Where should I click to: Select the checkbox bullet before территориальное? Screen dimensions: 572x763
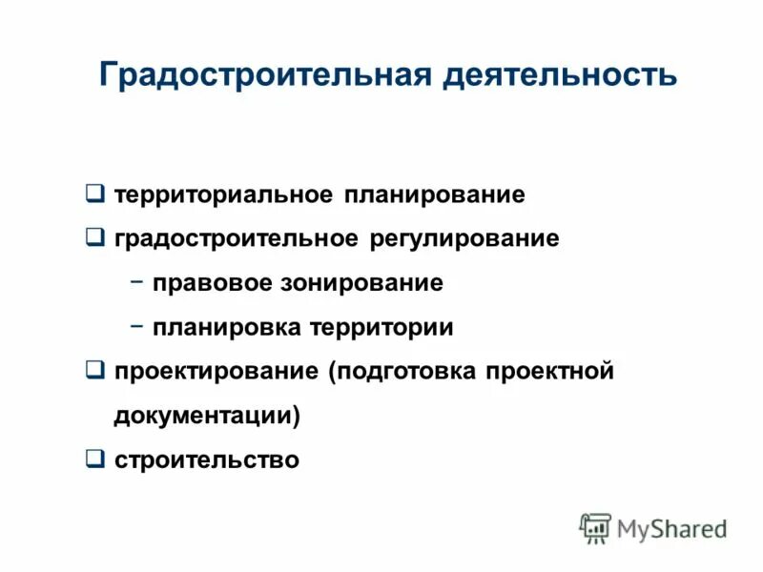pos(94,194)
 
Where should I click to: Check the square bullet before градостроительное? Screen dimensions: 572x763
pos(94,236)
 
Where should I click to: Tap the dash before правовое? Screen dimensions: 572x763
pos(136,282)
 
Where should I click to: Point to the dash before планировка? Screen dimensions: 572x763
pos(136,326)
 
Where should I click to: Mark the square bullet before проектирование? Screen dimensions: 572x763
pos(94,370)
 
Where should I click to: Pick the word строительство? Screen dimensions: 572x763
pos(207,460)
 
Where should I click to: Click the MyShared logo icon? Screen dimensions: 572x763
pos(596,527)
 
